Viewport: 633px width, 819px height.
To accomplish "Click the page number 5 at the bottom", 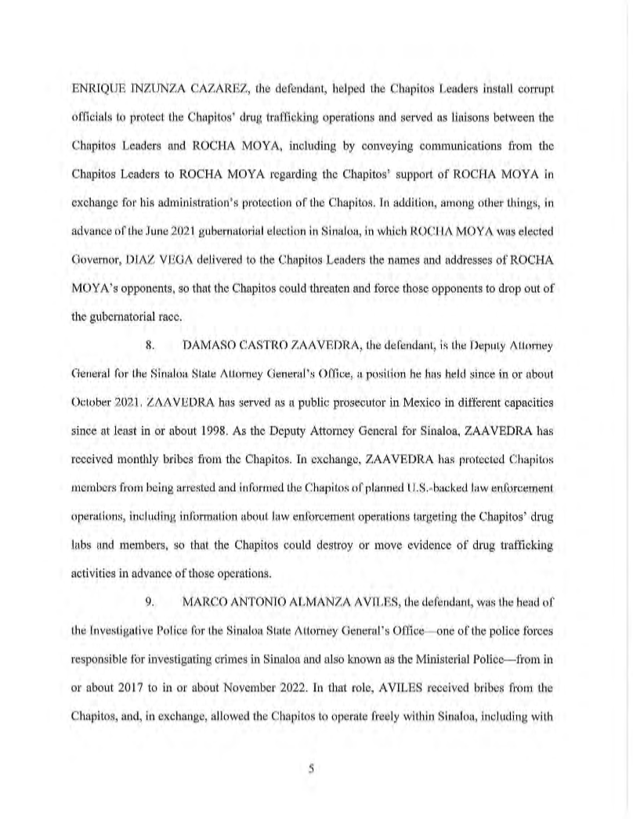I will (x=312, y=770).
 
